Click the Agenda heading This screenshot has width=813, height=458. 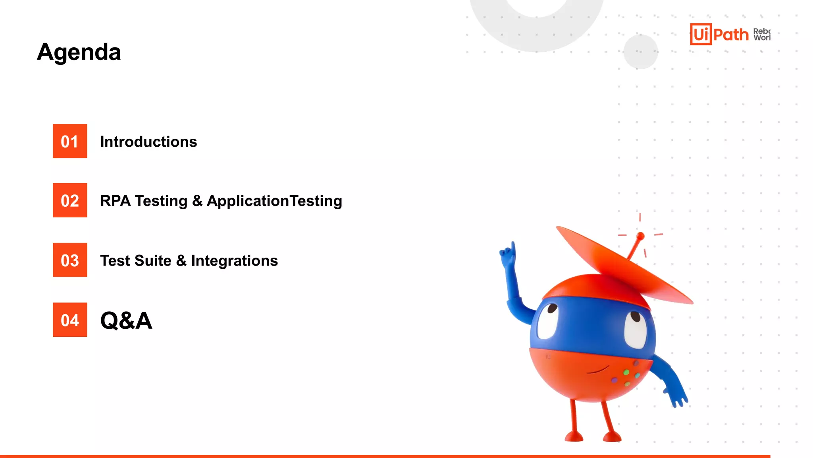point(79,52)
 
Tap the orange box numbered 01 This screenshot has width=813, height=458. point(70,141)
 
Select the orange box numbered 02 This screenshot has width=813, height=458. point(70,200)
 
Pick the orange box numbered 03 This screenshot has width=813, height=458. point(70,260)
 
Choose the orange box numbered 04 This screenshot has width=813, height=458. point(70,320)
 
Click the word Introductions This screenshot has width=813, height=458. point(148,142)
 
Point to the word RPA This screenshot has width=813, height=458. point(115,201)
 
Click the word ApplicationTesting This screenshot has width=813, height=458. point(274,201)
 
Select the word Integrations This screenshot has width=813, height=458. point(234,261)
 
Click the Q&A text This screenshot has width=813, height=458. point(126,320)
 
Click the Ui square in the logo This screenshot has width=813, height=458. point(701,34)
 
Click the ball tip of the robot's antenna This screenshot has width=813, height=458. point(640,236)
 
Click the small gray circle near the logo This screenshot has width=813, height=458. point(640,52)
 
